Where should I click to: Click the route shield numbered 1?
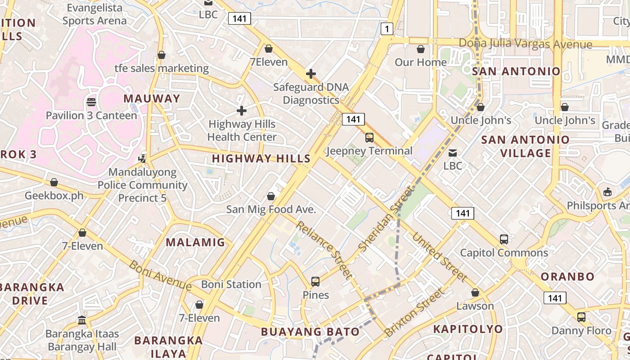click(387, 29)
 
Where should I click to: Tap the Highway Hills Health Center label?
click(242, 130)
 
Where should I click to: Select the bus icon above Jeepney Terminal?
click(369, 138)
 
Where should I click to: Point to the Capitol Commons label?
click(504, 252)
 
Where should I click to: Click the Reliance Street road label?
click(324, 250)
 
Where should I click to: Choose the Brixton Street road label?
click(414, 313)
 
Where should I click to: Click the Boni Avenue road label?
click(160, 275)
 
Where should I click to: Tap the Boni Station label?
click(231, 284)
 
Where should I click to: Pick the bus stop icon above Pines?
click(315, 282)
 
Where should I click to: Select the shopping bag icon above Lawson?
click(475, 293)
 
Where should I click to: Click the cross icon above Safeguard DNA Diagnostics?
click(310, 74)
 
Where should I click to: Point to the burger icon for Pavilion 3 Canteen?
click(91, 102)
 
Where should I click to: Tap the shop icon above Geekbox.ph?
click(54, 182)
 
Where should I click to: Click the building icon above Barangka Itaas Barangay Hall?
click(82, 320)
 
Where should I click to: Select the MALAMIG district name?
click(195, 243)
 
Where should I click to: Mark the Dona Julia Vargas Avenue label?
click(525, 44)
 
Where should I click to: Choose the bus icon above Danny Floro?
click(581, 317)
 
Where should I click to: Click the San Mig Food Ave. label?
click(271, 209)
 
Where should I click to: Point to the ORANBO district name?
click(567, 276)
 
